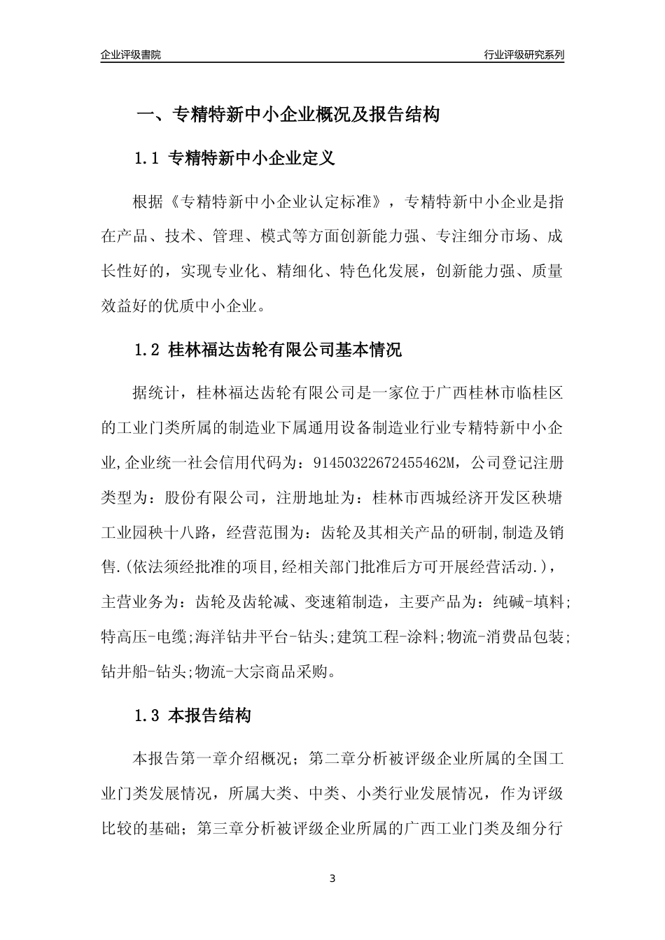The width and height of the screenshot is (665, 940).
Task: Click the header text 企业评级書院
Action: click(x=131, y=55)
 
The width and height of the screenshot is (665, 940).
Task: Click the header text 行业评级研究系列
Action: click(x=524, y=55)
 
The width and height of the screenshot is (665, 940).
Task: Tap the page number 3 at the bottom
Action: click(x=332, y=878)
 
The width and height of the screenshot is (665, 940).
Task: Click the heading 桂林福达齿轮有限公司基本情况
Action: click(x=286, y=350)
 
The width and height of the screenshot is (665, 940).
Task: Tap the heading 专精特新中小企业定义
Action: click(x=253, y=159)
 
